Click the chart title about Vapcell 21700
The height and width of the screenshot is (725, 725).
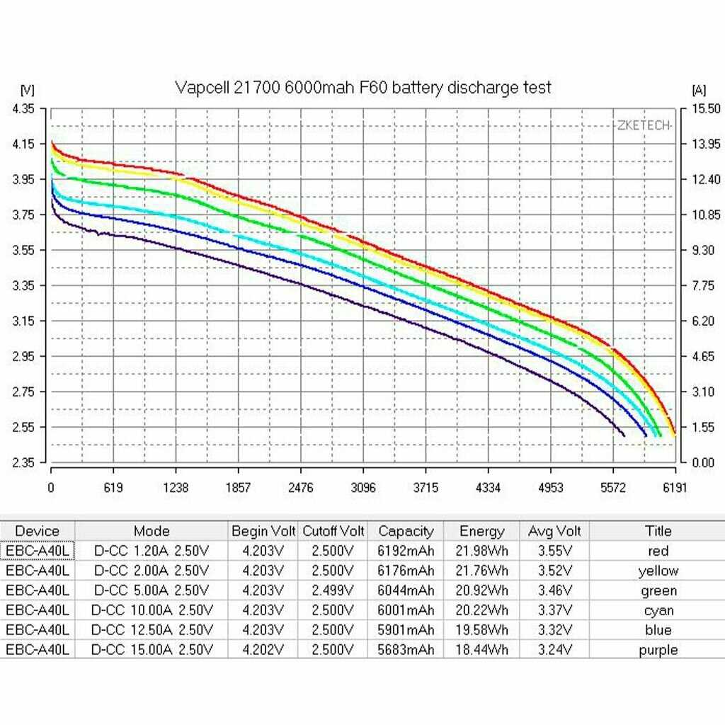(x=362, y=88)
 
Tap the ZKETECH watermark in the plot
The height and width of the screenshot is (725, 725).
(x=643, y=126)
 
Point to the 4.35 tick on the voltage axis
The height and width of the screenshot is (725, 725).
(x=23, y=108)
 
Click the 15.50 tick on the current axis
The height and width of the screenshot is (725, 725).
(x=705, y=108)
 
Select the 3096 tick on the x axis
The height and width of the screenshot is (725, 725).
(x=363, y=487)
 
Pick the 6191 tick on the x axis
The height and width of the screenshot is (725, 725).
(x=675, y=487)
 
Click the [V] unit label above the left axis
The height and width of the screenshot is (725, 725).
(x=28, y=90)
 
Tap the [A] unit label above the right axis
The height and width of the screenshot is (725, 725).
(x=698, y=90)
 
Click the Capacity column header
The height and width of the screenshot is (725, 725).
(x=406, y=531)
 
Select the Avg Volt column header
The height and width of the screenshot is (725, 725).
(x=554, y=531)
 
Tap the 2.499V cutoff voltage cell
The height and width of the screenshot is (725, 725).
(x=333, y=590)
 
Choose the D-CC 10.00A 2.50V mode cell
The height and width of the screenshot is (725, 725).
(x=151, y=610)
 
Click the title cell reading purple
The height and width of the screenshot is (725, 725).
(x=658, y=650)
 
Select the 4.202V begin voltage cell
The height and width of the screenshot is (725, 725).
(x=263, y=650)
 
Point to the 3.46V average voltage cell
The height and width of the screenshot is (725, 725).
(x=554, y=590)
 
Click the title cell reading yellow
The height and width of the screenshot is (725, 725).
(x=658, y=571)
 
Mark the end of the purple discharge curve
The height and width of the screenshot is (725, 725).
(x=624, y=435)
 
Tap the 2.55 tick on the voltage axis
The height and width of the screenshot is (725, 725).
(x=23, y=427)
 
